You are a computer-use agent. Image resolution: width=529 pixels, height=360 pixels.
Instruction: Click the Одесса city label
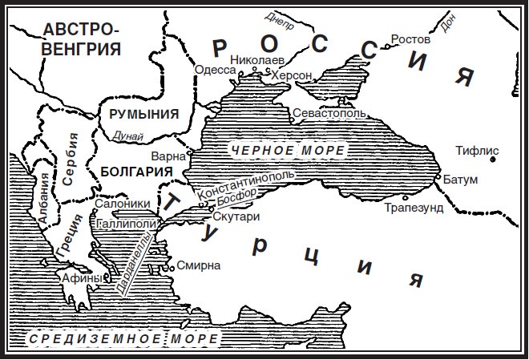click(x=216, y=71)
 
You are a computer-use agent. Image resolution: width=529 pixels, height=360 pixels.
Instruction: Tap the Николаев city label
click(x=256, y=59)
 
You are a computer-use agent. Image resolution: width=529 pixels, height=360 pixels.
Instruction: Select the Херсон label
click(x=293, y=75)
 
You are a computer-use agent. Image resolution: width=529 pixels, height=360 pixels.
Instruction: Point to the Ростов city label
click(x=410, y=38)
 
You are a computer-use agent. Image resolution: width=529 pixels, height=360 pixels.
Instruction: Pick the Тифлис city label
click(x=477, y=150)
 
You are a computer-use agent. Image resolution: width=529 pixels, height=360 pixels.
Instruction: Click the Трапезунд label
click(x=414, y=208)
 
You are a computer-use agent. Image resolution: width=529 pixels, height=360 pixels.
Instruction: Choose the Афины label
click(x=83, y=277)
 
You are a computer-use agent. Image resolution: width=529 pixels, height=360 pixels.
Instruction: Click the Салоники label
click(x=119, y=204)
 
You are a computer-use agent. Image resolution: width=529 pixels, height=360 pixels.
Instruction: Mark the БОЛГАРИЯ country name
click(x=138, y=171)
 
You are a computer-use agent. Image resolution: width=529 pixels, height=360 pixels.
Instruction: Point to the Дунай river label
click(x=128, y=136)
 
